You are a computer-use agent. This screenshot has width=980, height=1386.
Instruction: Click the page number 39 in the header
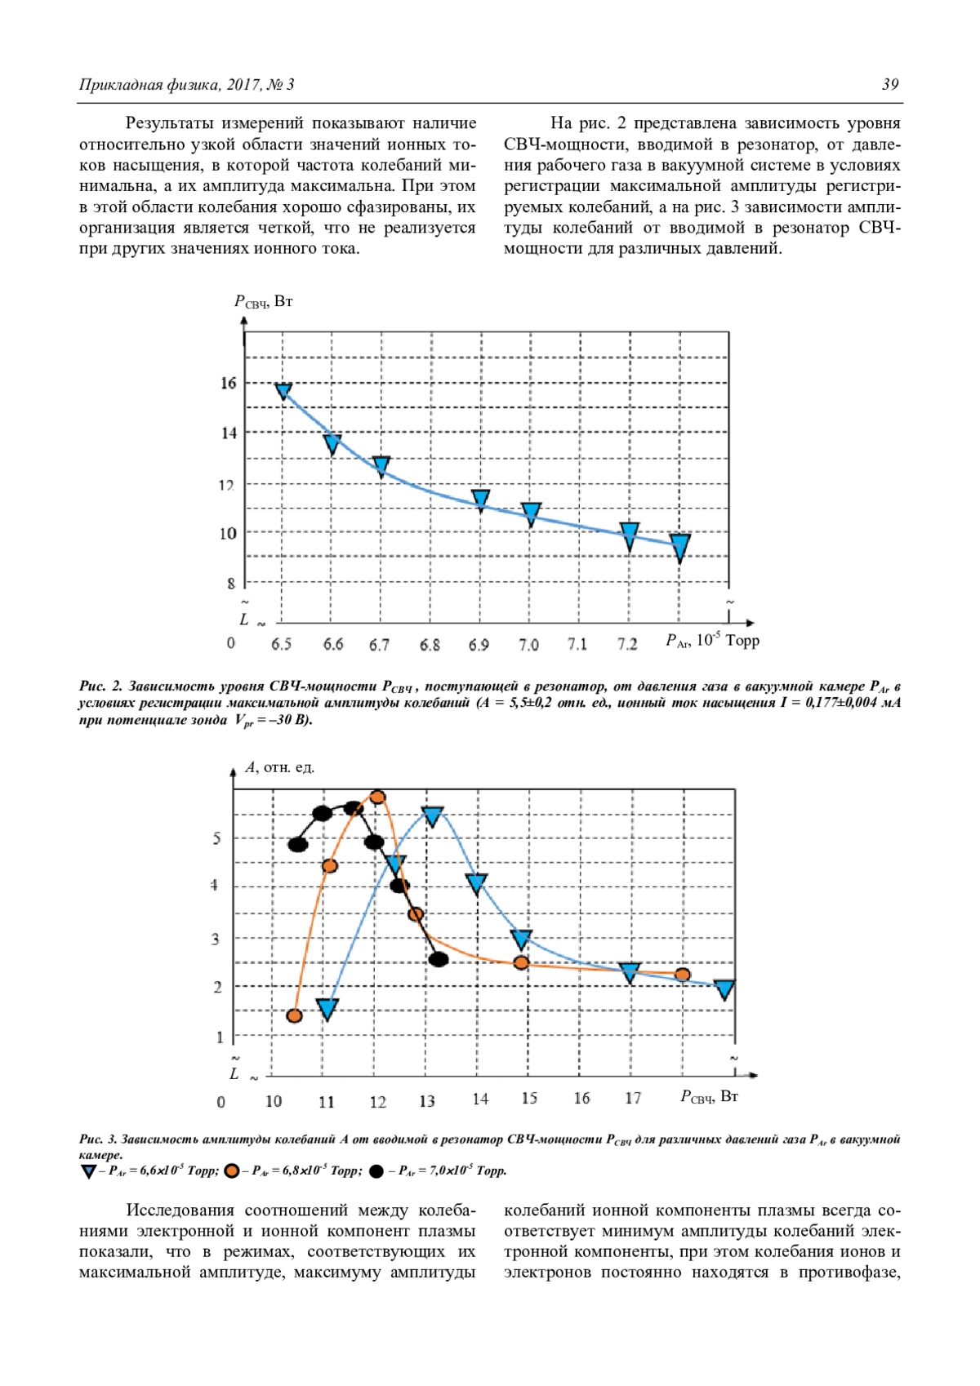tap(890, 84)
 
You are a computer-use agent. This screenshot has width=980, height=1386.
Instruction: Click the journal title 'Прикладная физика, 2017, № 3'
tap(186, 84)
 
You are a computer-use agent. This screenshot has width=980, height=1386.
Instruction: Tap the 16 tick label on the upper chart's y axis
tap(229, 383)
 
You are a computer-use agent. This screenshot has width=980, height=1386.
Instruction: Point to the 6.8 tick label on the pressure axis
tap(430, 645)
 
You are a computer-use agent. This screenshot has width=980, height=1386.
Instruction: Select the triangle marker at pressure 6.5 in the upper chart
tap(283, 391)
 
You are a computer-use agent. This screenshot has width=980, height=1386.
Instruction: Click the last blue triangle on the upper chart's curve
tap(679, 546)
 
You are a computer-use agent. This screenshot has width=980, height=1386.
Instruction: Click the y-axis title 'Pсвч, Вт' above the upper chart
tap(263, 301)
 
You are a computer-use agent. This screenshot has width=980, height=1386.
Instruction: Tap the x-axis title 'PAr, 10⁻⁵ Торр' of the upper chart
tap(712, 641)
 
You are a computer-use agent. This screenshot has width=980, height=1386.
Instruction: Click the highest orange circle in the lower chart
tap(377, 797)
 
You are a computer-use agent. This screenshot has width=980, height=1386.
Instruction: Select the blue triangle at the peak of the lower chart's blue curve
tap(433, 815)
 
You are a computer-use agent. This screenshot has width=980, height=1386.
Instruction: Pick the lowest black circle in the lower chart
tap(439, 959)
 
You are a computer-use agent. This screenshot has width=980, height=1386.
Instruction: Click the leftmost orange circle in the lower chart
tap(295, 1015)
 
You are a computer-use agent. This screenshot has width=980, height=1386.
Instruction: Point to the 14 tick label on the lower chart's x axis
tap(480, 1099)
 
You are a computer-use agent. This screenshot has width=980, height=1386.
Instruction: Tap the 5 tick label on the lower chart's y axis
tap(216, 838)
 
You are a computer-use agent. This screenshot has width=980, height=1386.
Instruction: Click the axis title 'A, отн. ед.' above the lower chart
tap(280, 767)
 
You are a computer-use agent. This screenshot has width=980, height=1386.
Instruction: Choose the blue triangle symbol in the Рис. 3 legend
tap(88, 1171)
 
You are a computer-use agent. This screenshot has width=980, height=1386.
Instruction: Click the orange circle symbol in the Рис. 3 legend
tap(232, 1171)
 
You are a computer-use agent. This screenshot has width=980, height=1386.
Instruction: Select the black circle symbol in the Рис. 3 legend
tap(376, 1171)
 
